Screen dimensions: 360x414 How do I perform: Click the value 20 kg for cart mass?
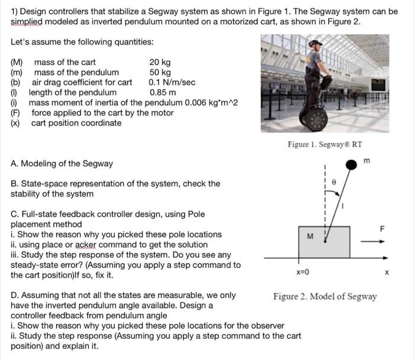pyautogui.click(x=160, y=62)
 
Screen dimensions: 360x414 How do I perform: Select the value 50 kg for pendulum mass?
pyautogui.click(x=160, y=72)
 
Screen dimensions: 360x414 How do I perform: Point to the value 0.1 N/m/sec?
pyautogui.click(x=172, y=82)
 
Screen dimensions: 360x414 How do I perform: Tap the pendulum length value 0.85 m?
pyautogui.click(x=162, y=92)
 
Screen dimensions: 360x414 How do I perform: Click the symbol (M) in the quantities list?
pyautogui.click(x=17, y=62)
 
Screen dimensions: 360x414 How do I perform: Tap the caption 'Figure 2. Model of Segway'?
pyautogui.click(x=325, y=296)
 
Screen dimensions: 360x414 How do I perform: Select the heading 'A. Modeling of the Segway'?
pyautogui.click(x=62, y=163)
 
